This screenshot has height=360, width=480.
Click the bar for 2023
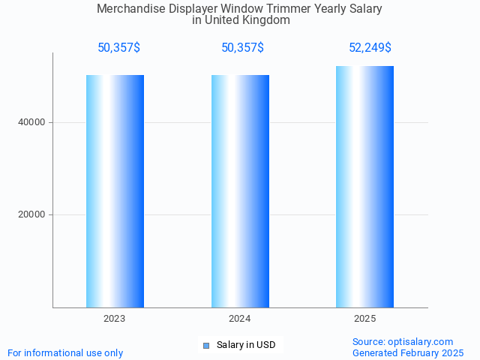pyautogui.click(x=115, y=191)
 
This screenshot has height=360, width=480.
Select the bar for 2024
pyautogui.click(x=240, y=191)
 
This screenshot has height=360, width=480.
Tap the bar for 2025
pyautogui.click(x=364, y=187)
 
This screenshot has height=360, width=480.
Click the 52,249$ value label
pyautogui.click(x=370, y=48)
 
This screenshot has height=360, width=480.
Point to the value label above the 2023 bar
pyautogui.click(x=118, y=48)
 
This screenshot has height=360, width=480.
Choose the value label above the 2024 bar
pyautogui.click(x=242, y=48)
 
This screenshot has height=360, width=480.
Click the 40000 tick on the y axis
pyautogui.click(x=31, y=122)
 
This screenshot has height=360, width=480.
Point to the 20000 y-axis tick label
pyautogui.click(x=31, y=214)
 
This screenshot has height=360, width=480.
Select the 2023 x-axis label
pyautogui.click(x=115, y=319)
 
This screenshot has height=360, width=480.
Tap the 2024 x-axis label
pyautogui.click(x=240, y=319)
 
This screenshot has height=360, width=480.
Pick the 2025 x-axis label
pyautogui.click(x=364, y=319)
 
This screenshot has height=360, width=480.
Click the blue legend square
pyautogui.click(x=206, y=345)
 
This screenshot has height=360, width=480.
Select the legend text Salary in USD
pyautogui.click(x=246, y=345)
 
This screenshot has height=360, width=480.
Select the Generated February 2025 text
pyautogui.click(x=408, y=352)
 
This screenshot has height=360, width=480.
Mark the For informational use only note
pyautogui.click(x=65, y=352)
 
